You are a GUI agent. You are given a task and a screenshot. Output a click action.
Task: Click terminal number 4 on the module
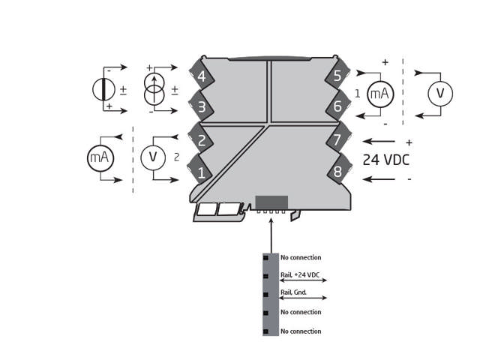tap(201, 76)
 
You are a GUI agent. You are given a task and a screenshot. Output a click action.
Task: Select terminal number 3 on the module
tap(201, 106)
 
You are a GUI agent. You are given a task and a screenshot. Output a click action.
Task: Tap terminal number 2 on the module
tap(200, 140)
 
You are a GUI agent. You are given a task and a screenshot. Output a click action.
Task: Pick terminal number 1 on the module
tap(200, 172)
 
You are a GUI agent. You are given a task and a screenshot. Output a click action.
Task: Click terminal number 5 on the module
tap(337, 76)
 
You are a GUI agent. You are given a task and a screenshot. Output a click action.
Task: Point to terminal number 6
tap(337, 106)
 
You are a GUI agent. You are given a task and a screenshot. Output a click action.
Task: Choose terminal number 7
tap(337, 140)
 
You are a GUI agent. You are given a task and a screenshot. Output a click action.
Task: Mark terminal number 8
tap(337, 172)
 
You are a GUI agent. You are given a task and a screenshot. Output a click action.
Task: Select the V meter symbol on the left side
tap(153, 157)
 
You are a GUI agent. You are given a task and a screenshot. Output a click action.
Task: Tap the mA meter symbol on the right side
tap(380, 94)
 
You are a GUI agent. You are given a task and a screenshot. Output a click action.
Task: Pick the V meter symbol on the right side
tap(440, 94)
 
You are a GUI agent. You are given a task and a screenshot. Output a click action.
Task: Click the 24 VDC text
tap(385, 160)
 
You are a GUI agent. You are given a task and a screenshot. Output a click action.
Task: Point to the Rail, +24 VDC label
tap(300, 275)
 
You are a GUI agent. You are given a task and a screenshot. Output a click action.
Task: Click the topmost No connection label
tap(301, 257)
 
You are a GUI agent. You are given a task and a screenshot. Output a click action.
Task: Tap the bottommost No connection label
tap(301, 331)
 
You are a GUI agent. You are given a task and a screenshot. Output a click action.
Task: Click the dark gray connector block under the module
tap(271, 202)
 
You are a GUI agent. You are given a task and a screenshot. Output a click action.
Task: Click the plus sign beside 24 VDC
tap(409, 142)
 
